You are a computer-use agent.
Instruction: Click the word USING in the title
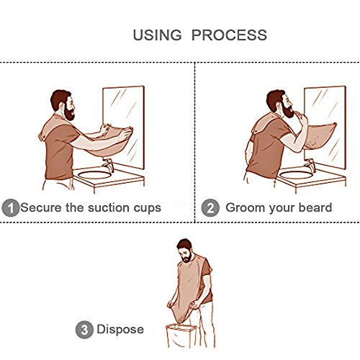click(157, 35)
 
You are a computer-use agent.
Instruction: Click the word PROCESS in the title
click(229, 35)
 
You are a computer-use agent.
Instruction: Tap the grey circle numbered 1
click(11, 208)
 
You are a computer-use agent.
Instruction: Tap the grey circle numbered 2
click(210, 208)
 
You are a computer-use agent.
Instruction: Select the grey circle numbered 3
click(84, 330)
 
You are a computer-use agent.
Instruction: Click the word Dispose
click(120, 329)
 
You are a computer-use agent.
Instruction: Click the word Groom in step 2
click(245, 207)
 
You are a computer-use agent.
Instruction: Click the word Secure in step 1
click(41, 207)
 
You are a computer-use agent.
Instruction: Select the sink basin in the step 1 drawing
click(95, 175)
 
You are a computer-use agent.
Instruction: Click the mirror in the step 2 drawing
click(325, 127)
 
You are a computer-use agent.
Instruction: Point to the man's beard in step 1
click(69, 113)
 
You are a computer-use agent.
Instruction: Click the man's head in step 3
click(185, 251)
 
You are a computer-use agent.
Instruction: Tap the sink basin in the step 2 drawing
click(297, 175)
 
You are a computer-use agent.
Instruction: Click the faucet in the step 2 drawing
click(310, 165)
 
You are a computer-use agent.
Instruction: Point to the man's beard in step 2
click(288, 110)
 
